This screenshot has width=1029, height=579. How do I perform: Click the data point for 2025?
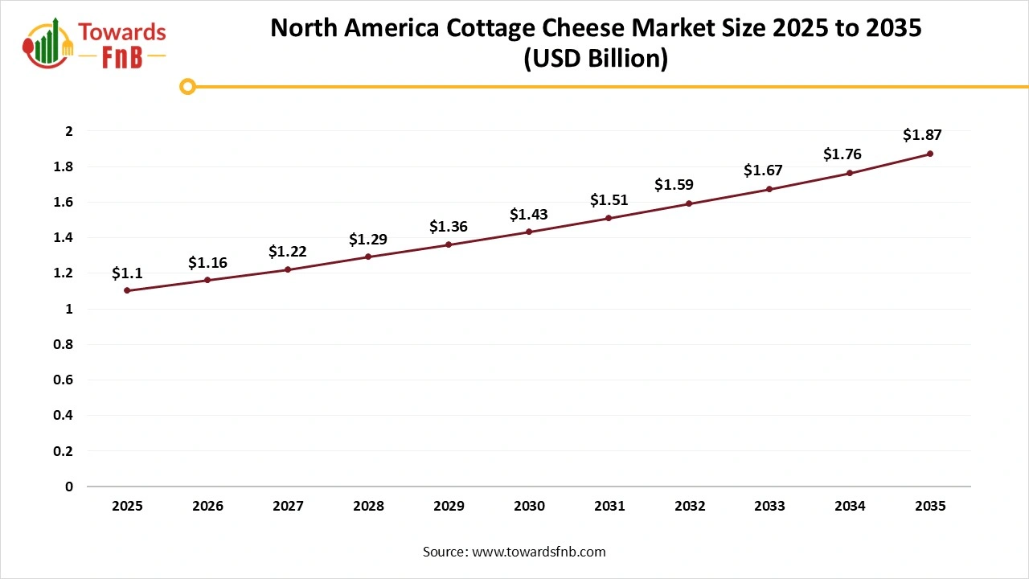tap(127, 290)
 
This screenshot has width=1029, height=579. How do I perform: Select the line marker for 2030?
tap(529, 232)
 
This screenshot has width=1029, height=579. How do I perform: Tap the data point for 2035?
tap(930, 154)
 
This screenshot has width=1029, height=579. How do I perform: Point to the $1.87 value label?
tap(922, 134)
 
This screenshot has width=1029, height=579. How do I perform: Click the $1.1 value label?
tap(127, 273)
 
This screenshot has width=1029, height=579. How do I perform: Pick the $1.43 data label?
tap(529, 215)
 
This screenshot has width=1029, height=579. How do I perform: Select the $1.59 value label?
tap(674, 185)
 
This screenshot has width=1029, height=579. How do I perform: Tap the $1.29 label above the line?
tap(368, 240)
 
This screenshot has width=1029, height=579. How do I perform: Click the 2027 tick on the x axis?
tap(288, 506)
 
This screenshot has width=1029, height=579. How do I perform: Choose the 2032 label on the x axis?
tap(690, 506)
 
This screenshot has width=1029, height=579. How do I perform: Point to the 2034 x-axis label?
tap(850, 506)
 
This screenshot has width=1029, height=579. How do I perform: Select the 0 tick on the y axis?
tap(69, 487)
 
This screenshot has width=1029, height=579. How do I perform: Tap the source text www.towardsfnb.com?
tap(539, 552)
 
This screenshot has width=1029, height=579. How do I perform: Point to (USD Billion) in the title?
tap(595, 60)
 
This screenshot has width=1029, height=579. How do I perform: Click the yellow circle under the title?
tap(187, 86)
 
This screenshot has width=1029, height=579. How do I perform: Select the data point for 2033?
tap(769, 189)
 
